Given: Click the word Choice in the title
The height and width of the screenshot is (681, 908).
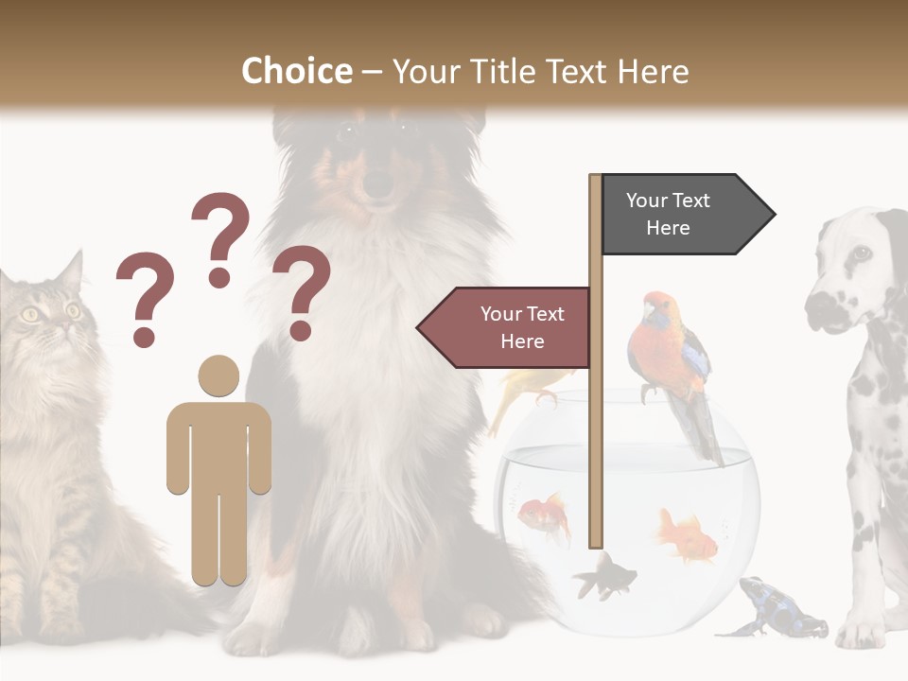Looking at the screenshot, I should (x=296, y=71).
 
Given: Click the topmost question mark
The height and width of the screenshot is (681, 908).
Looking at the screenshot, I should (x=220, y=237).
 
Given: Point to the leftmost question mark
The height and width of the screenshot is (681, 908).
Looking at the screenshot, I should (x=145, y=297).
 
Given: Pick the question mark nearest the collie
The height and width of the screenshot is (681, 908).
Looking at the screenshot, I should (x=301, y=291).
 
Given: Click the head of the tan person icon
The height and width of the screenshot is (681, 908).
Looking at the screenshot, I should (x=218, y=376).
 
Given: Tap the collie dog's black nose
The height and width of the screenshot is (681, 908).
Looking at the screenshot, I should (x=379, y=183).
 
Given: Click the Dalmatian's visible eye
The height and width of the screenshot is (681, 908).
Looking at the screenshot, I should (x=861, y=253).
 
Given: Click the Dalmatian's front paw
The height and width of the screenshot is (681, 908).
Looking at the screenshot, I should (x=861, y=631).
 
